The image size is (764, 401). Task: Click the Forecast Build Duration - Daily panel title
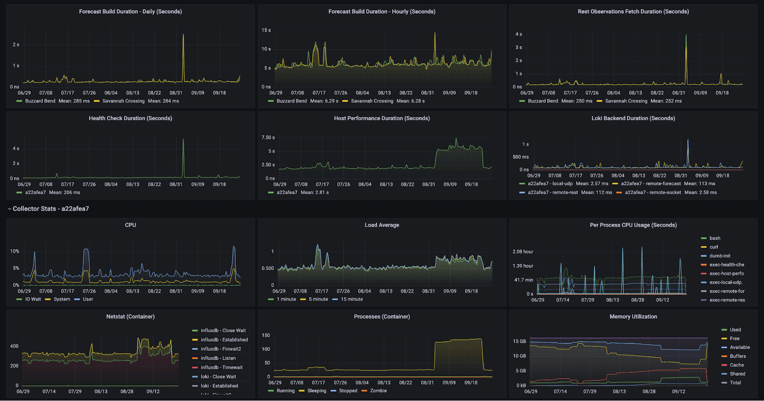(x=130, y=11)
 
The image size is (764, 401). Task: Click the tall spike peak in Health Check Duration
(x=183, y=139)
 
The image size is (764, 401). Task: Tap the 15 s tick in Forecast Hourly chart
(x=266, y=30)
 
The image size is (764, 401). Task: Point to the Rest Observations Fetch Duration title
(x=633, y=11)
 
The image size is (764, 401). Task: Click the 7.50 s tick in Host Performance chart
(x=268, y=137)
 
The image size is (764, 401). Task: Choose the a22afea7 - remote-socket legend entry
(x=653, y=192)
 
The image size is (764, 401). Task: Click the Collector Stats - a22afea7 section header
(x=51, y=209)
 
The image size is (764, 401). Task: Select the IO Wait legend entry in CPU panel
(x=33, y=299)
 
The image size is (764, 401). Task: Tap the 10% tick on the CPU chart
(x=15, y=251)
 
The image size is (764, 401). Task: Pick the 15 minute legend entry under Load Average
(x=351, y=299)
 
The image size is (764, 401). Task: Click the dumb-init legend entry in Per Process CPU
(x=720, y=256)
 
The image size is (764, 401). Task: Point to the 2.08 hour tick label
(x=523, y=252)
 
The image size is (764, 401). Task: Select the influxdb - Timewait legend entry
(x=222, y=368)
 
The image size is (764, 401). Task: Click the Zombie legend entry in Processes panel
(x=378, y=390)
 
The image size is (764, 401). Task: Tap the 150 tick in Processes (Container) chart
(x=266, y=335)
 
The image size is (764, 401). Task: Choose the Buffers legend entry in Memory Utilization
(x=737, y=356)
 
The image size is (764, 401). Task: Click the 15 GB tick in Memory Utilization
(x=520, y=341)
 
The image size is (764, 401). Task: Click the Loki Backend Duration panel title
(x=633, y=118)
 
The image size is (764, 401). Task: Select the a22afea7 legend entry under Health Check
(x=35, y=192)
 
